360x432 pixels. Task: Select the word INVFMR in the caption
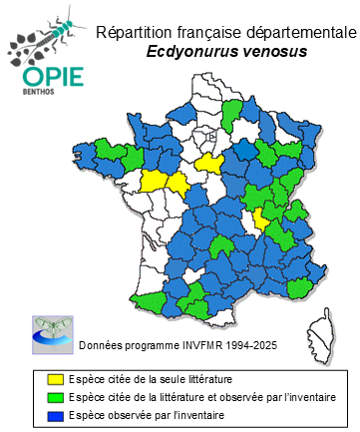click(x=195, y=345)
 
